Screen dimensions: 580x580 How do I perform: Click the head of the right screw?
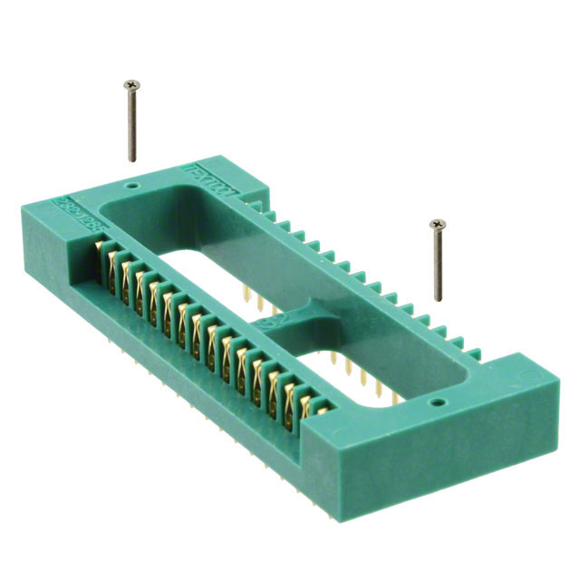439,223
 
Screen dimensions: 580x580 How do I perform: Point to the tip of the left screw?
132,160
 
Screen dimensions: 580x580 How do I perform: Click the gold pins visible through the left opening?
255,299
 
